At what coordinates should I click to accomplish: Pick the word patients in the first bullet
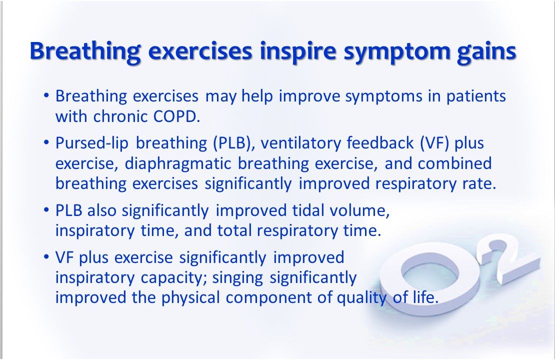(x=476, y=96)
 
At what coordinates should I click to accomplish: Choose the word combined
(x=455, y=163)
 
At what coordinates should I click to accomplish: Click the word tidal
(x=307, y=210)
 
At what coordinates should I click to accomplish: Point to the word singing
(x=237, y=278)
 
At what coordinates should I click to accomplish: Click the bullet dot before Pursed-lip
(x=46, y=142)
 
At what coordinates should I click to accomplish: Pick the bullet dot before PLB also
(x=46, y=210)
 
